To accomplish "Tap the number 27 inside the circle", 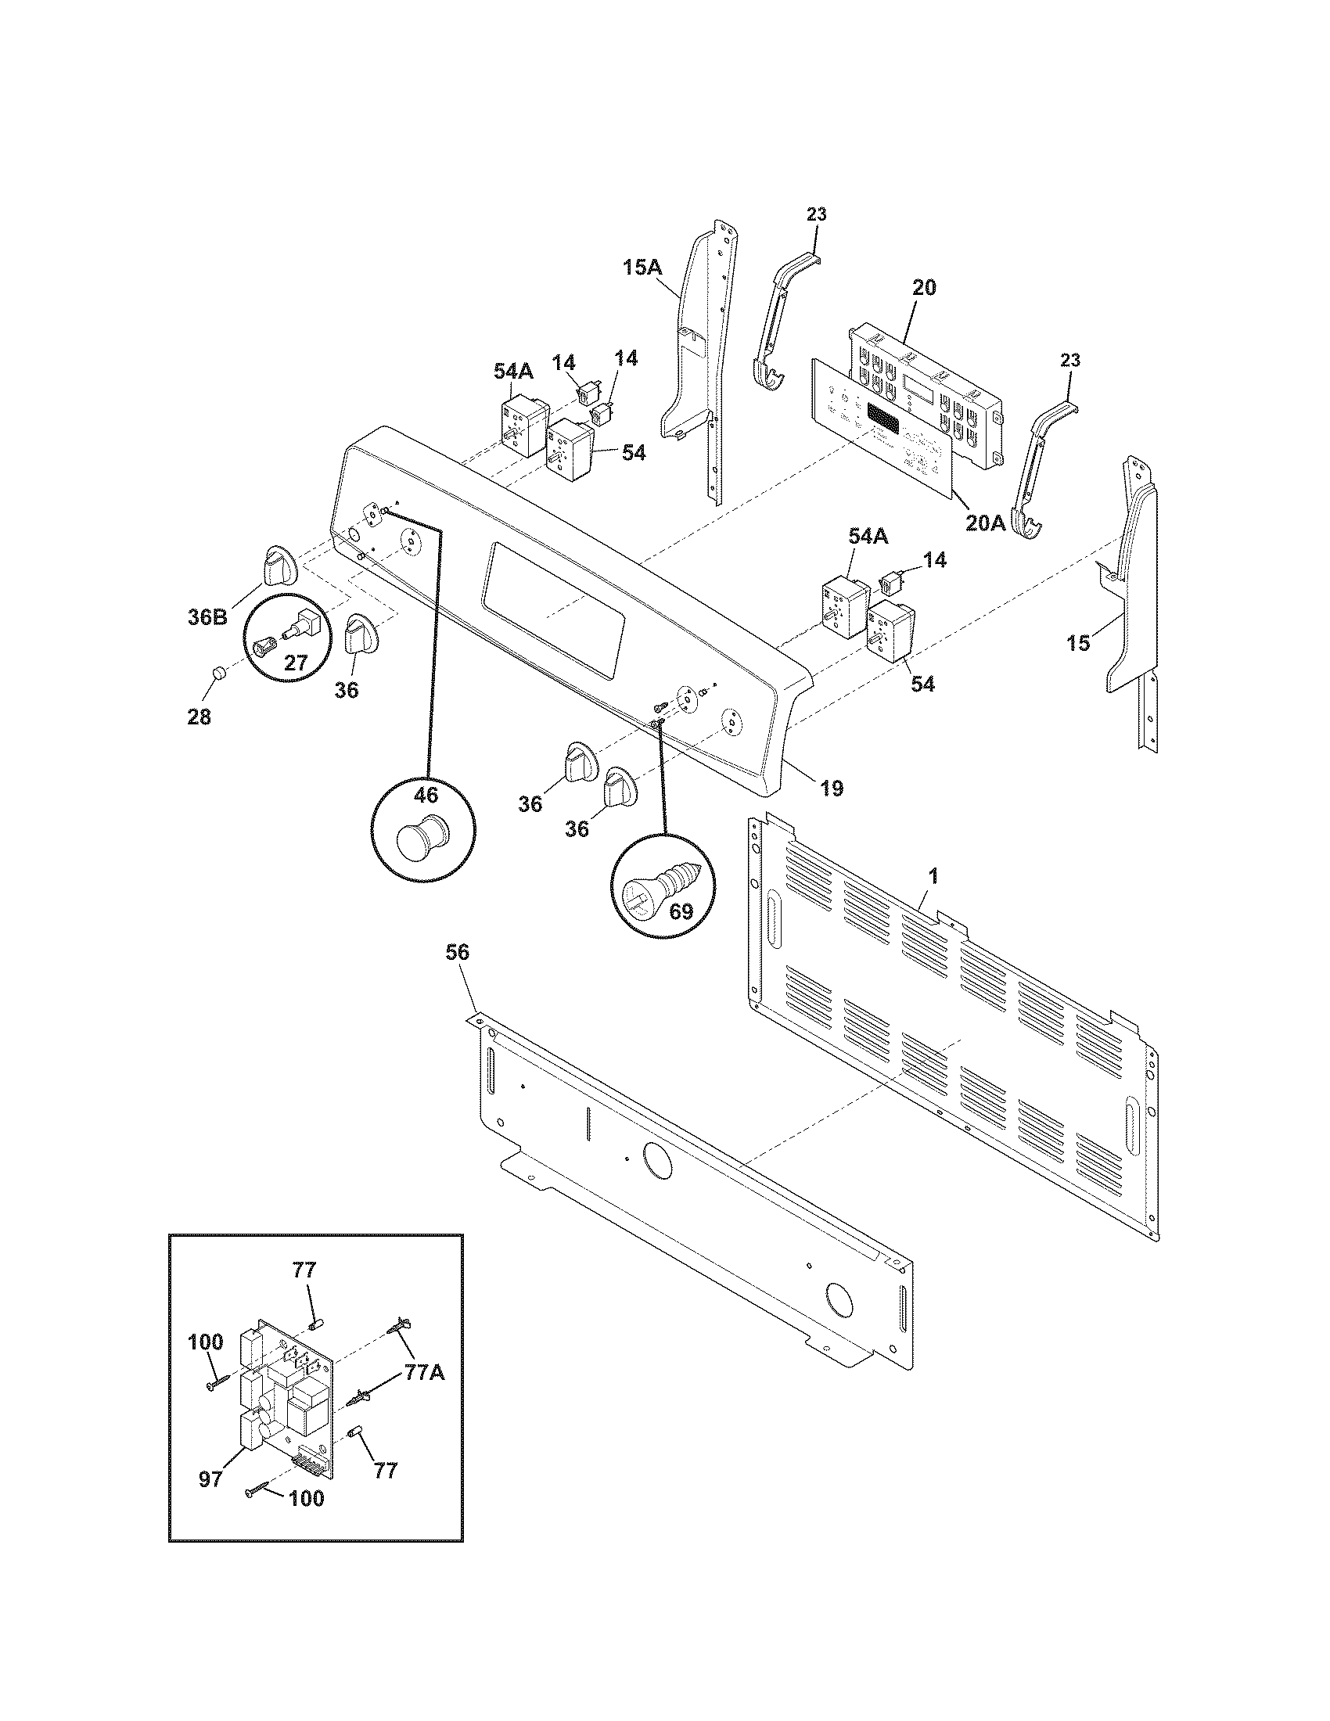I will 296,663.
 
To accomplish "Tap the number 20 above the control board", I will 924,288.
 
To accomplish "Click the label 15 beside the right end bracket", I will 1078,643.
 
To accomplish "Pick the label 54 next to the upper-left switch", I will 633,453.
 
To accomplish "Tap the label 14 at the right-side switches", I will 935,559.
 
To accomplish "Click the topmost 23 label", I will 816,214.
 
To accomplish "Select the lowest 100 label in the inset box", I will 306,1520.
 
